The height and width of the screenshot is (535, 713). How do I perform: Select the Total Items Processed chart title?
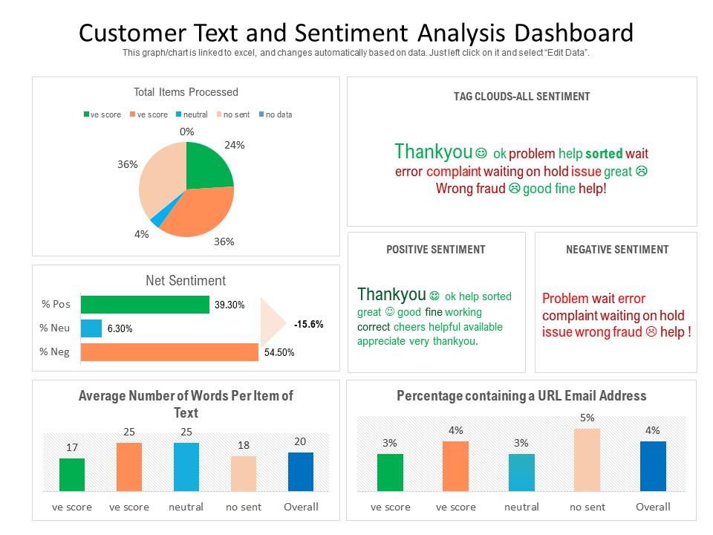pyautogui.click(x=186, y=92)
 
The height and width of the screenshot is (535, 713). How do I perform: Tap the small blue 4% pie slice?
pyautogui.click(x=157, y=219)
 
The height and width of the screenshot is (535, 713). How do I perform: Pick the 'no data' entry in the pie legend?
pyautogui.click(x=279, y=114)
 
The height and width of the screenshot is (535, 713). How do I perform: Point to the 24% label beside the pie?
pyautogui.click(x=235, y=145)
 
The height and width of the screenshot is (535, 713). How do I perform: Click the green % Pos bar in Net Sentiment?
pyautogui.click(x=145, y=304)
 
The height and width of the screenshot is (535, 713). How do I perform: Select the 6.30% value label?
pyautogui.click(x=120, y=328)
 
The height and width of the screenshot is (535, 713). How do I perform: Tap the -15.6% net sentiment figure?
pyautogui.click(x=308, y=324)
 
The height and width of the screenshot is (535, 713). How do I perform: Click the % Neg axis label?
pyautogui.click(x=55, y=351)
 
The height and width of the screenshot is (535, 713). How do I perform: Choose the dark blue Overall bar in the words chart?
pyautogui.click(x=301, y=472)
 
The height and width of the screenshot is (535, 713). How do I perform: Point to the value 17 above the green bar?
pyautogui.click(x=72, y=447)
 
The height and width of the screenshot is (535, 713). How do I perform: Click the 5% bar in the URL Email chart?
pyautogui.click(x=587, y=460)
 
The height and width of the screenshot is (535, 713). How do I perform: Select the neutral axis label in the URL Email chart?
pyautogui.click(x=521, y=507)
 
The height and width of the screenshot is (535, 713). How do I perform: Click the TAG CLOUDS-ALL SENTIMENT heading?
pyautogui.click(x=521, y=97)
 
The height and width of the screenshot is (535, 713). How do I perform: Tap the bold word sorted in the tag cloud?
pyautogui.click(x=604, y=154)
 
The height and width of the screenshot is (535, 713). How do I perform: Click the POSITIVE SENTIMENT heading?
pyautogui.click(x=436, y=250)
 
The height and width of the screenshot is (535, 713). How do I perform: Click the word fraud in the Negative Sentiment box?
pyautogui.click(x=626, y=332)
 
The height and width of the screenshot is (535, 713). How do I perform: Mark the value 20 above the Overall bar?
pyautogui.click(x=300, y=441)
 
